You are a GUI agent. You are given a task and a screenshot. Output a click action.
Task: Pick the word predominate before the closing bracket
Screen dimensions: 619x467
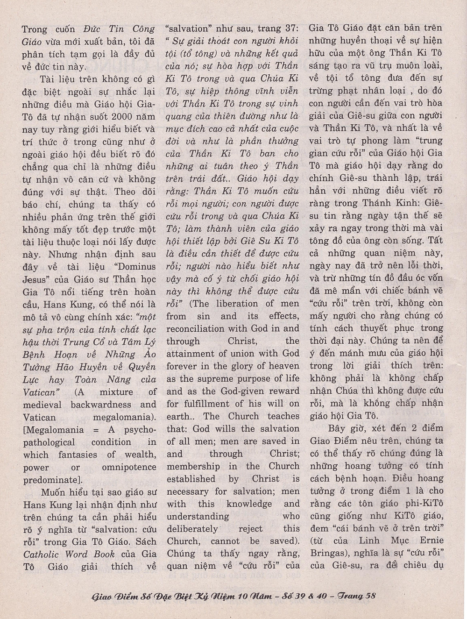point(48,480)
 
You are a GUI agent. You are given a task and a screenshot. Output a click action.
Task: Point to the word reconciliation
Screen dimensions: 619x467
point(199,329)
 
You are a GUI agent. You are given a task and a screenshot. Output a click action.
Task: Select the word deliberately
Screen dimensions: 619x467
point(192,529)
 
